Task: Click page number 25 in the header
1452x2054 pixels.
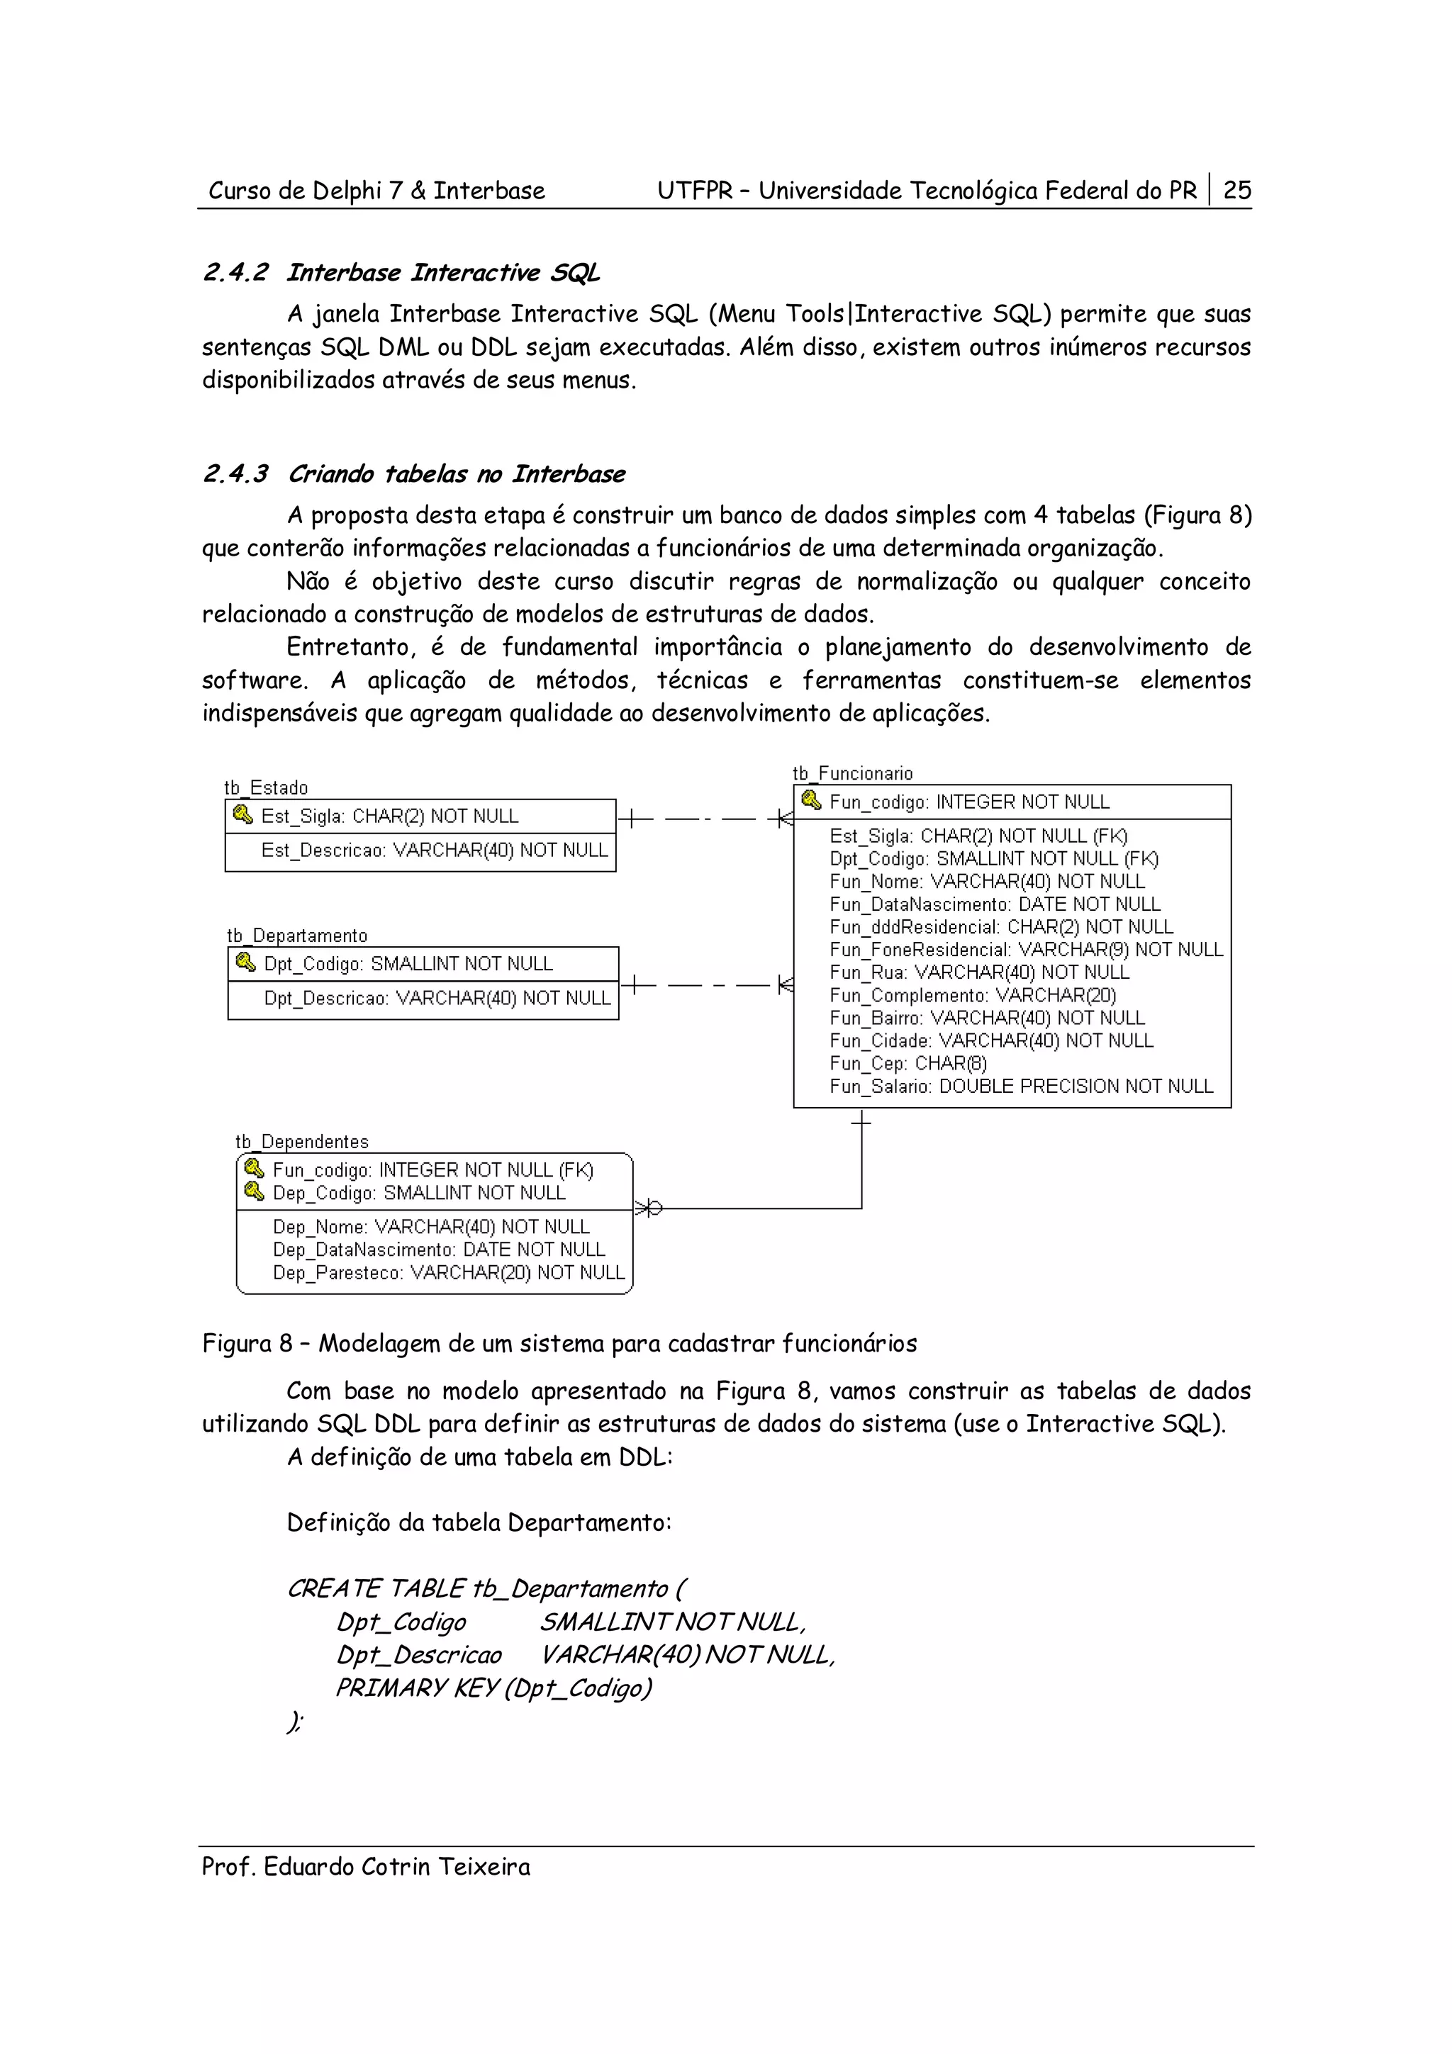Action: coord(1236,190)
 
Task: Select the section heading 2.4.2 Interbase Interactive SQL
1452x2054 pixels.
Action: coord(401,272)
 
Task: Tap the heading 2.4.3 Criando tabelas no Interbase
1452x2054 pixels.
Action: coord(413,473)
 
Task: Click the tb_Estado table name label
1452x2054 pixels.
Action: coord(266,787)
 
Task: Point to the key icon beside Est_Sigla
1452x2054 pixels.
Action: coord(242,815)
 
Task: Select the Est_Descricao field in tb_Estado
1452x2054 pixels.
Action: coord(434,850)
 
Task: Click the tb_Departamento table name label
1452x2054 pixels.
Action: coord(297,935)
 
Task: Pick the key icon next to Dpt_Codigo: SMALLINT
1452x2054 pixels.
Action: coord(245,963)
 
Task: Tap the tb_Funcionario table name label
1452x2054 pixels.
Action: coord(853,773)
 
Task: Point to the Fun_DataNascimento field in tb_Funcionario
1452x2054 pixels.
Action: coord(994,904)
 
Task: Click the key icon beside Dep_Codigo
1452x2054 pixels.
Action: coord(254,1191)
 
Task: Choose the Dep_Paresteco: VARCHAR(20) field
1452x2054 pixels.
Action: coord(448,1272)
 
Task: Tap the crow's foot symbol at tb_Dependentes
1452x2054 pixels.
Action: coord(649,1208)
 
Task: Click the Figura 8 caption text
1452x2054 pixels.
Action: coord(559,1343)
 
